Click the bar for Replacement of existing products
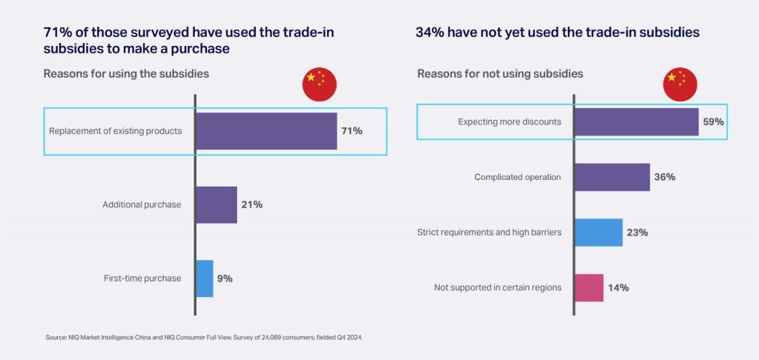266,131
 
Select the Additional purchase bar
216,204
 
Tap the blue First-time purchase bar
205,279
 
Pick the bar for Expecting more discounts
636,121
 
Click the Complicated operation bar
612,177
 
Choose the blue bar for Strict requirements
598,233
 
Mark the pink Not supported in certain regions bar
589,287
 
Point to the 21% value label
252,204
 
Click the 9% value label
225,279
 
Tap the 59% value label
714,121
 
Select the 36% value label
665,177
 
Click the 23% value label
637,233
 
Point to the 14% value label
618,287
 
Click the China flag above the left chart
319,83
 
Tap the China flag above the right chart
680,83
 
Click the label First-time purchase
142,279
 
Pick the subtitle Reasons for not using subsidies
500,74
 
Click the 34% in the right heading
431,33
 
